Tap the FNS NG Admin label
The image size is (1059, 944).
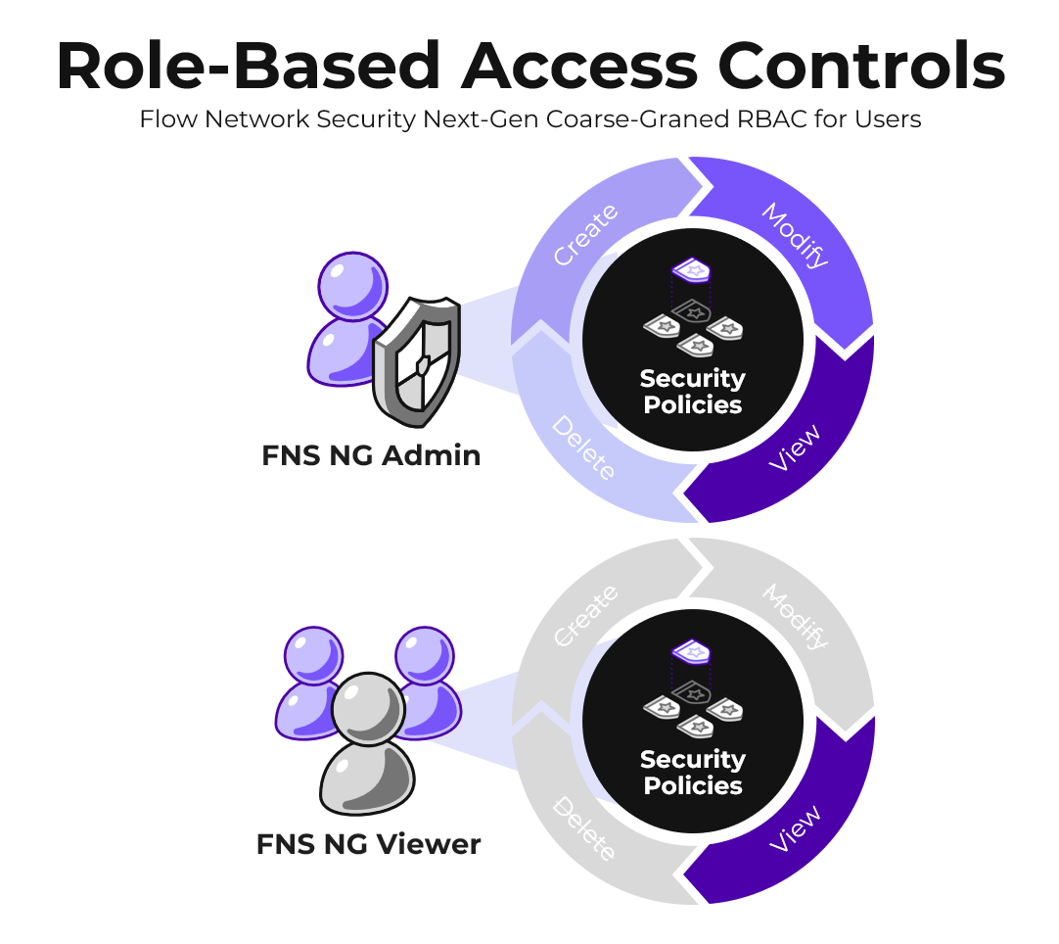click(x=371, y=455)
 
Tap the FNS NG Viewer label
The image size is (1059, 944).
click(x=368, y=844)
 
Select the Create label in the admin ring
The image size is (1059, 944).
click(x=585, y=235)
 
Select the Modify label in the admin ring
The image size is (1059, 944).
click(x=796, y=235)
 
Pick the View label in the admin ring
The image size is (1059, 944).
click(x=794, y=448)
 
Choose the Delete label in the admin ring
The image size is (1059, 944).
click(x=583, y=448)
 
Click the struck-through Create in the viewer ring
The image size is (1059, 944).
click(x=585, y=616)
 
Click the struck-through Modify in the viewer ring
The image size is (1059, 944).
click(x=796, y=616)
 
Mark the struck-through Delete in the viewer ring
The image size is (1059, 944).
click(x=583, y=829)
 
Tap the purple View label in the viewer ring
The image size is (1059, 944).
click(x=794, y=828)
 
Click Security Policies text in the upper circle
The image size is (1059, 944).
click(x=693, y=392)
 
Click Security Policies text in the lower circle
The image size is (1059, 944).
click(x=693, y=773)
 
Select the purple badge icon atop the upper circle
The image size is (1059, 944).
click(x=691, y=269)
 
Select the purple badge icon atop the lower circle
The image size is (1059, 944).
click(x=691, y=650)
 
